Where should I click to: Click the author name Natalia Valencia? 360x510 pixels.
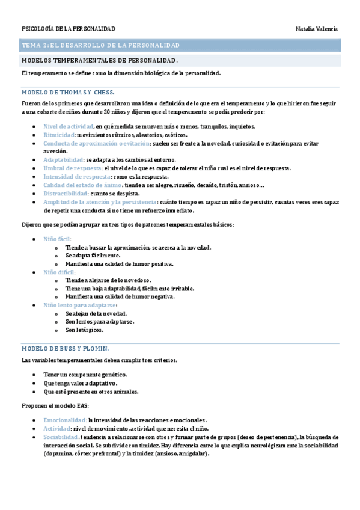(x=317, y=29)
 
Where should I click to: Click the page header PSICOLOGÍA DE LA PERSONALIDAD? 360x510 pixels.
(x=69, y=29)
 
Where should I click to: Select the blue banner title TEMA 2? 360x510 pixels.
(x=100, y=45)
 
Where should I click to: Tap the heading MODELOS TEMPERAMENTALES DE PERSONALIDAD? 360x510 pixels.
(x=99, y=61)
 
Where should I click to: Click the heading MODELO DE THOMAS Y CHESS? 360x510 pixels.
(x=67, y=92)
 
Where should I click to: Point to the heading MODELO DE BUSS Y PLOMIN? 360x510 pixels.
(x=65, y=348)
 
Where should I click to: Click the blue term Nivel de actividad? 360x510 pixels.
(x=68, y=126)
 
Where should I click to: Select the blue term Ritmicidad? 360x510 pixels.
(x=59, y=135)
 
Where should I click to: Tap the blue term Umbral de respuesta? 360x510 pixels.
(x=69, y=168)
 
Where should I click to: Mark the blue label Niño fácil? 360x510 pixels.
(x=57, y=239)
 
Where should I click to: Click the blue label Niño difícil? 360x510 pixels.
(x=59, y=272)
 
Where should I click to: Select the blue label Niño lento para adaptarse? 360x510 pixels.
(x=80, y=305)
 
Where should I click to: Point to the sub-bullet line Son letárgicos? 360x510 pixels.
(x=85, y=330)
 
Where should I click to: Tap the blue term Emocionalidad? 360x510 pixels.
(x=64, y=420)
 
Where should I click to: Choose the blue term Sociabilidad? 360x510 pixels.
(x=61, y=437)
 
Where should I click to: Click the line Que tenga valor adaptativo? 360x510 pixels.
(x=80, y=383)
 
